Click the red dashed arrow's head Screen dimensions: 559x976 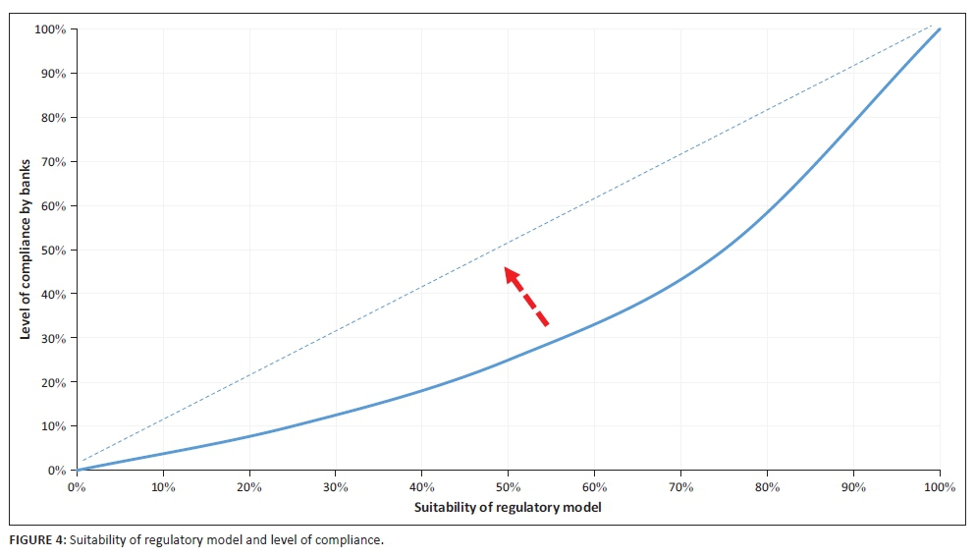(x=511, y=274)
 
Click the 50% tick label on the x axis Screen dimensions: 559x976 (x=508, y=486)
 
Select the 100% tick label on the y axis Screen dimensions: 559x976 (x=51, y=29)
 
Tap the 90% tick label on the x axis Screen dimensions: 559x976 (x=853, y=486)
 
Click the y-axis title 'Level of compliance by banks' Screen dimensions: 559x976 (x=26, y=250)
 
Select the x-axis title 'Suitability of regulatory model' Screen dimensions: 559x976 (x=508, y=506)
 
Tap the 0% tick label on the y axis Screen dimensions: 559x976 (x=57, y=471)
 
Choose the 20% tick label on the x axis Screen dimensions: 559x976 (x=249, y=486)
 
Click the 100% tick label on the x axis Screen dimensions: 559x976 (x=940, y=486)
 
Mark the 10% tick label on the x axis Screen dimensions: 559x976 (x=163, y=486)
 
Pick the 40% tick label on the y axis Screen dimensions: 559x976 (x=54, y=295)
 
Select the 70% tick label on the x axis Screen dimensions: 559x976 (x=680, y=486)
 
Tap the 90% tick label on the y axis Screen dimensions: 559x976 (x=54, y=74)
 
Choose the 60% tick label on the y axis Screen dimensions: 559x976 (x=54, y=206)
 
